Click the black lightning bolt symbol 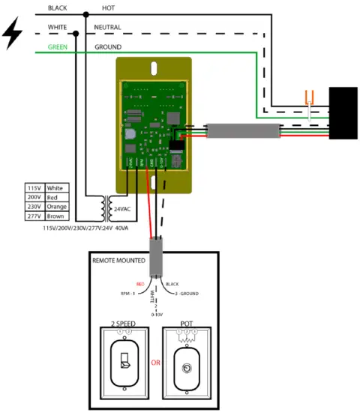13,34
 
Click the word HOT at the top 108,7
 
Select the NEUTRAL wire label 108,27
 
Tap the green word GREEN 58,46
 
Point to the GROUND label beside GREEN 108,46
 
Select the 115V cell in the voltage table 34,187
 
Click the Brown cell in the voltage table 56,216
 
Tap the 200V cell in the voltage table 34,197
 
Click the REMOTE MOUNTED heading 120,261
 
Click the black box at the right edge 343,113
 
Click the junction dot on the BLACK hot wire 87,14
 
